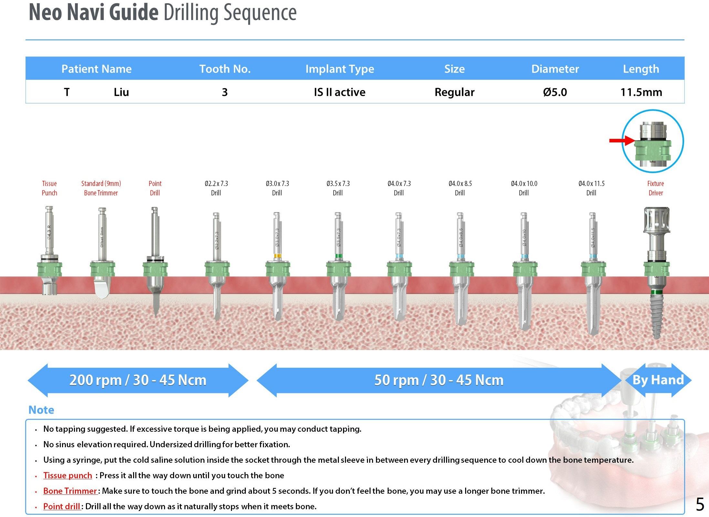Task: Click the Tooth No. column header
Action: (225, 69)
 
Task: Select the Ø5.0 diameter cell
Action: (555, 92)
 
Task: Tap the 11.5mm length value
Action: (641, 92)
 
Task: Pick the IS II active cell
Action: (339, 92)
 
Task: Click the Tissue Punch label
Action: (49, 188)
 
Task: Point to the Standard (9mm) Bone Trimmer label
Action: (101, 188)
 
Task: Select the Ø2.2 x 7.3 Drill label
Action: (216, 188)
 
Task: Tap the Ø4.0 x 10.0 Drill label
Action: (524, 188)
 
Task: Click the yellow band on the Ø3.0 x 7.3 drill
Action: (277, 256)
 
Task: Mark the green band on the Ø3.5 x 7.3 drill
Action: (339, 256)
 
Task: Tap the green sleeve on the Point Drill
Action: (155, 269)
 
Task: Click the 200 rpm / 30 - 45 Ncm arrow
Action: (138, 380)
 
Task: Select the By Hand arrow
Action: (658, 380)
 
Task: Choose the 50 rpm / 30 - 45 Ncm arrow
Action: (439, 380)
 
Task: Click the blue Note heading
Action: (41, 410)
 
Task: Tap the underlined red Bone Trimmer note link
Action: (70, 491)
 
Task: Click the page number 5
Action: (700, 504)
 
